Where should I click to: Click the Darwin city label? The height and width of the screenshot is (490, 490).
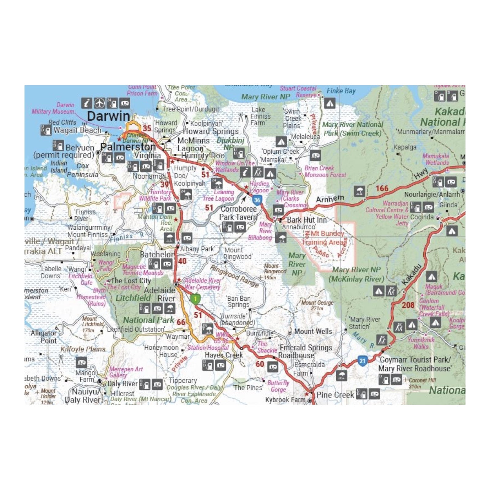(108, 116)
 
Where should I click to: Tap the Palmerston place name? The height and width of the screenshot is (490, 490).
(128, 147)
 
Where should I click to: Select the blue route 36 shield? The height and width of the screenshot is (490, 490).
(257, 200)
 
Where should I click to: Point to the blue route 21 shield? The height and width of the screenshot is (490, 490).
(362, 361)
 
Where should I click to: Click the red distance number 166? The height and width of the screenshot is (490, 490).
(382, 189)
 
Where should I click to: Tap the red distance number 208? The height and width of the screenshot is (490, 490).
(408, 305)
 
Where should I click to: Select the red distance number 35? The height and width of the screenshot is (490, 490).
(147, 129)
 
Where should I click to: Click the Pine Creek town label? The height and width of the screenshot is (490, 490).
(335, 395)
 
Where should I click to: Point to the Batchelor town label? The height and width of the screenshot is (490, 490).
(157, 254)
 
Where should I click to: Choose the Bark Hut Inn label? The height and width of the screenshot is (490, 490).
(307, 220)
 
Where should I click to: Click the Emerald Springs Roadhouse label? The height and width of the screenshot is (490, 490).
(305, 351)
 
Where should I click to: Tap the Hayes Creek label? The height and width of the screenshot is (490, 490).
(224, 355)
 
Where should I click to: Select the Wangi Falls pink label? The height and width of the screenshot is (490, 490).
(106, 266)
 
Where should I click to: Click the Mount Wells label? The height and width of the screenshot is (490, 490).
(313, 331)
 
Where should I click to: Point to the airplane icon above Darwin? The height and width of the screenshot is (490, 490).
(100, 103)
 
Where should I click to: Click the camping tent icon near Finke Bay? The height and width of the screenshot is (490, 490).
(330, 103)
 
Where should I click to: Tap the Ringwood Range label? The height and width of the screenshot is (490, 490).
(234, 276)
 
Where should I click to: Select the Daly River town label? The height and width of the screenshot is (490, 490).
(122, 384)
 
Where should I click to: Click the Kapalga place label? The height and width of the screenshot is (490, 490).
(405, 147)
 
